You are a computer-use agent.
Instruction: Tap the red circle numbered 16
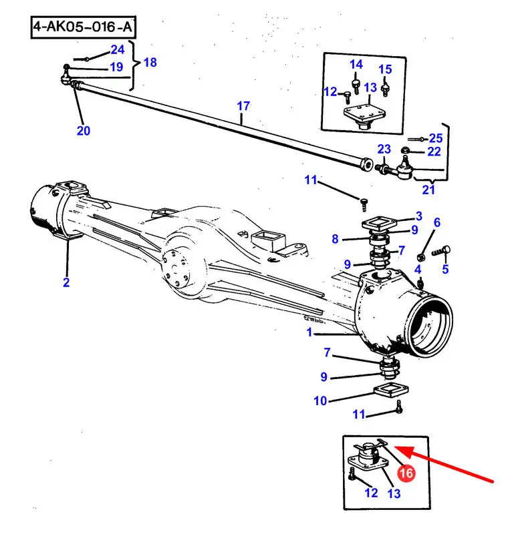pos(406,473)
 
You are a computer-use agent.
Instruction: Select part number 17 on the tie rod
pos(243,106)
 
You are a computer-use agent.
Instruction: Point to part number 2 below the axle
pos(66,282)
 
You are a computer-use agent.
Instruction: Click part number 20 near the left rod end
pos(83,130)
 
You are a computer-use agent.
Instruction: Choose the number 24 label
pos(117,49)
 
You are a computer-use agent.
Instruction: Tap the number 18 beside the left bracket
pos(150,62)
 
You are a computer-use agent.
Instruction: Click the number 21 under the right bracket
pos(428,190)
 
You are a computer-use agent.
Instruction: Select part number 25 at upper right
pos(436,138)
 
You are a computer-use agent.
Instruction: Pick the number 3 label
pos(418,216)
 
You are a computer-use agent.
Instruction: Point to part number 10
pos(320,401)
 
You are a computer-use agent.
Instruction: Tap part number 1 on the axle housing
pos(309,332)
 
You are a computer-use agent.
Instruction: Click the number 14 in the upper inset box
pos(356,65)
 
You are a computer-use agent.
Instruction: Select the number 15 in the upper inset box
pos(385,69)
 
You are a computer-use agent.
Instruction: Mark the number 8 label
pos(335,238)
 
